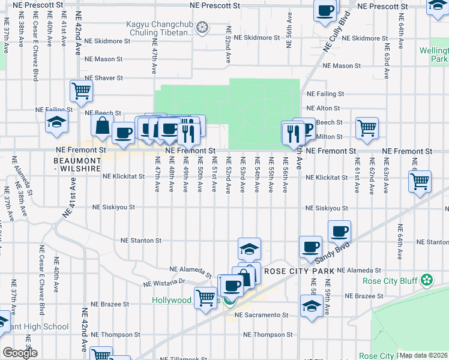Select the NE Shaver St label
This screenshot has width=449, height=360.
tap(104, 78)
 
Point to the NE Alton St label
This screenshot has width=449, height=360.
tap(324, 108)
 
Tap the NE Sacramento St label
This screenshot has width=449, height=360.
tap(262, 314)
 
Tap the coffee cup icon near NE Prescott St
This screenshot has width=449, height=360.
tap(325, 10)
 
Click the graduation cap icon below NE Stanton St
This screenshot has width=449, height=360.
tap(249, 248)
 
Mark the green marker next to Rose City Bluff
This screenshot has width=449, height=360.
tap(427, 280)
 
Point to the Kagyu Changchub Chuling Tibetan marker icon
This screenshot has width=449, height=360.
tap(203, 27)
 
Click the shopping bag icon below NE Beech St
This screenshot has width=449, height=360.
tap(103, 126)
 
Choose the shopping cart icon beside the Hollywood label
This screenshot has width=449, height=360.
tap(206, 297)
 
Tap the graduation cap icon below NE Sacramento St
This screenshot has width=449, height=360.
tap(311, 306)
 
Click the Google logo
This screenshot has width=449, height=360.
tap(19, 353)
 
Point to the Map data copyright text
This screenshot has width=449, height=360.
tap(423, 355)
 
